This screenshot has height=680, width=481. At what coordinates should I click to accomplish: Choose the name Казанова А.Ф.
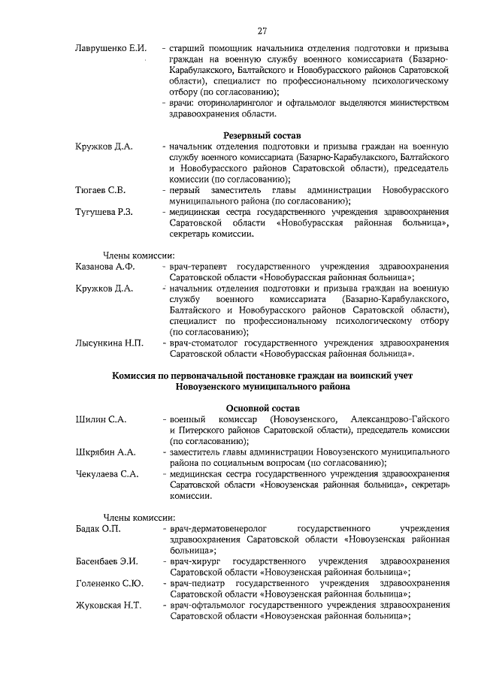[105, 267]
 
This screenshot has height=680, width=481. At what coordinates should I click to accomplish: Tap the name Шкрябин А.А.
[105, 452]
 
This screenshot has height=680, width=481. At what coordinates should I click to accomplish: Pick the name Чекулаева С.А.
[107, 474]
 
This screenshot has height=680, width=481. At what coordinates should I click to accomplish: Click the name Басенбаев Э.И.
[107, 562]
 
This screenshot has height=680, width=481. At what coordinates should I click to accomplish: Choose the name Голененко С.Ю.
[110, 584]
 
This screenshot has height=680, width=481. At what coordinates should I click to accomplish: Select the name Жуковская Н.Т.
[108, 606]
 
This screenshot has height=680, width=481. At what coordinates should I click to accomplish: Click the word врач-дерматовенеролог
[219, 529]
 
